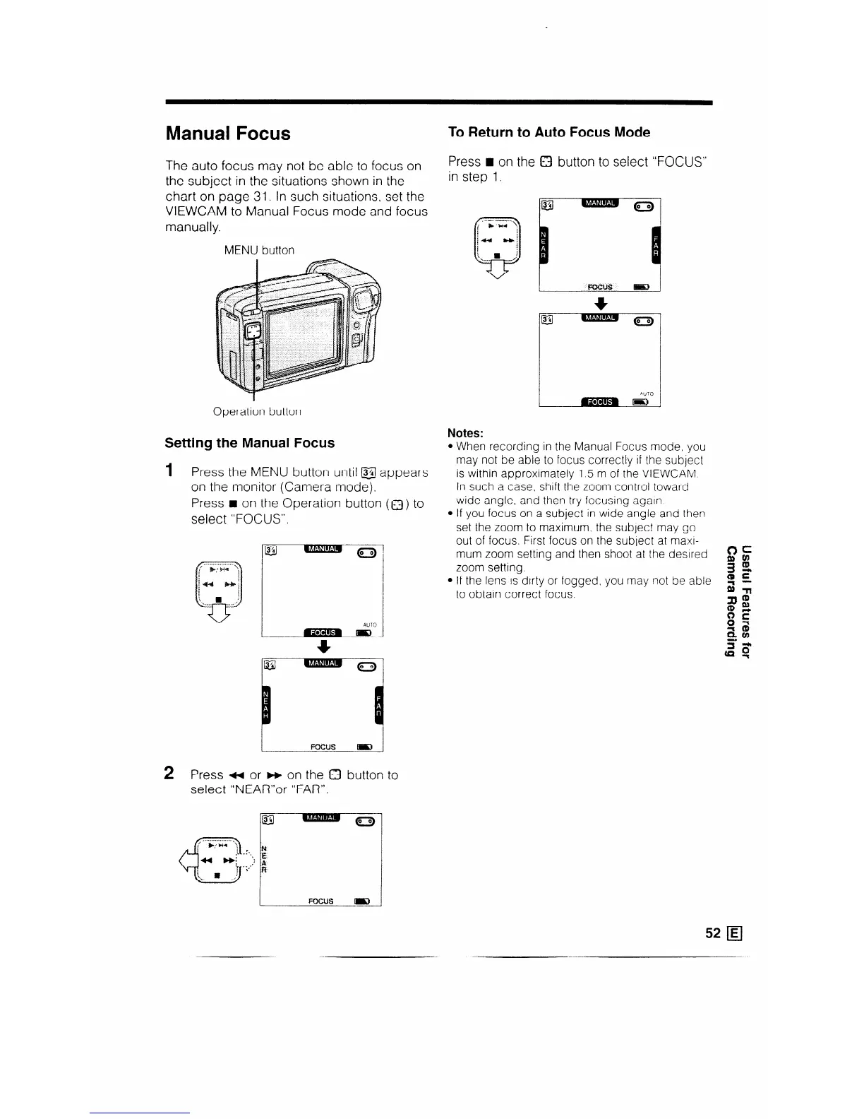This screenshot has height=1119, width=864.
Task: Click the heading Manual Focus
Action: [x=227, y=134]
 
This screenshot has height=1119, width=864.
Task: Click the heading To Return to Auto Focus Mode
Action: [x=549, y=132]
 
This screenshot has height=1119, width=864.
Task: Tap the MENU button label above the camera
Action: [x=259, y=250]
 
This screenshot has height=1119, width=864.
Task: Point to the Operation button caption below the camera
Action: [x=258, y=410]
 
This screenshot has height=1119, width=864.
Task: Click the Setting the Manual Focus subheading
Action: [x=249, y=443]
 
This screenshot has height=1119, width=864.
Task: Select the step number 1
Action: [x=169, y=470]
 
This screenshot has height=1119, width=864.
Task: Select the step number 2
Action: [x=169, y=773]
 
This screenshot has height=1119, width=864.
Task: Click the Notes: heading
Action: [x=465, y=432]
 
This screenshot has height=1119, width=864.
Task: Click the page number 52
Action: [x=712, y=932]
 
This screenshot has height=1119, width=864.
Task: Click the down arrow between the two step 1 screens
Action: [x=322, y=646]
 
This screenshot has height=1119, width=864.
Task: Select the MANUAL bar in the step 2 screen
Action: [x=320, y=819]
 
